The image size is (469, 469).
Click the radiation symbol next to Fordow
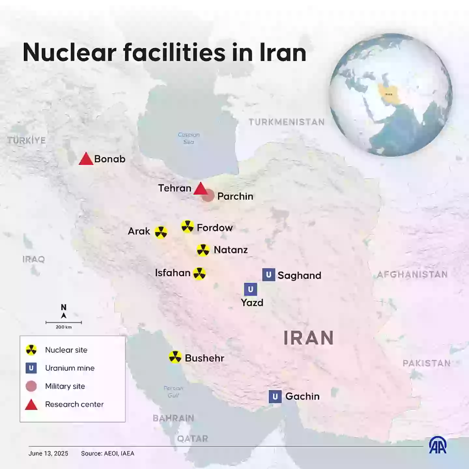188,226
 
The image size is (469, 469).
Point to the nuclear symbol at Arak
161,232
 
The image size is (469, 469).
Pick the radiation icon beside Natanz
203,250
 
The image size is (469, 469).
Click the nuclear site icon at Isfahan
199,274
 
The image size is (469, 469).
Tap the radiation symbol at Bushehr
175,357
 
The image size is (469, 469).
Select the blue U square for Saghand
269,275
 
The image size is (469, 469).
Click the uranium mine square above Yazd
250,289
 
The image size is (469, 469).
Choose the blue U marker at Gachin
275,396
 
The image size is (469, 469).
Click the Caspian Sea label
189,138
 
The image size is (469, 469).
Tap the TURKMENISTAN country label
287,122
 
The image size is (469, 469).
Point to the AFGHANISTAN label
412,275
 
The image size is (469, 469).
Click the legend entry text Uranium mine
70,368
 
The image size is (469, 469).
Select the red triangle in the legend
31,405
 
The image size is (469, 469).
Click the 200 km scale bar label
64,327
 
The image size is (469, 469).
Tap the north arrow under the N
64,316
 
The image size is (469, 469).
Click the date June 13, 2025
48,453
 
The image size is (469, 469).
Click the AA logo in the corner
438,445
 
